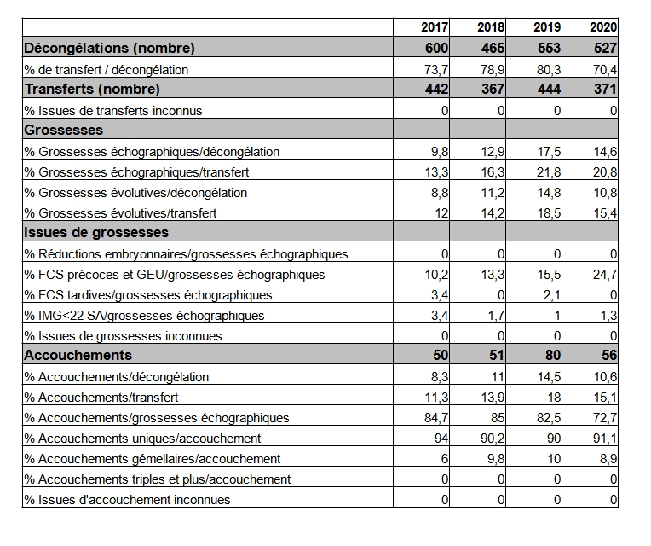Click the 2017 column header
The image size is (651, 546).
coord(435,27)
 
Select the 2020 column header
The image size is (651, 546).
coord(603,27)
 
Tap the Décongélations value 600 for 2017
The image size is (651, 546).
coord(437,48)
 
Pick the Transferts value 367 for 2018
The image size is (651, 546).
coord(493,89)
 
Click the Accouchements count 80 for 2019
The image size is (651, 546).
coord(553,355)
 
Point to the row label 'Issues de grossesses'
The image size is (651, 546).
coord(96,232)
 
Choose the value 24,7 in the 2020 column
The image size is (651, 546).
coord(605,275)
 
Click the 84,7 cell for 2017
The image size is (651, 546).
coord(436,417)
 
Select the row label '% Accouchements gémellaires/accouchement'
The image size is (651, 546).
coord(153,459)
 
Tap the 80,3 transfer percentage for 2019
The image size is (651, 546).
coord(549,70)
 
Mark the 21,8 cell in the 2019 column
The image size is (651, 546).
coord(549,172)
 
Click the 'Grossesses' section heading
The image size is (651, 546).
coord(64,130)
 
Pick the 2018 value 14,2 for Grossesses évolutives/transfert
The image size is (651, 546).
coord(493,213)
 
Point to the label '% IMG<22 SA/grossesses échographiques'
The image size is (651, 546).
coord(144,316)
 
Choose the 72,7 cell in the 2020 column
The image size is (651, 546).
coord(605,417)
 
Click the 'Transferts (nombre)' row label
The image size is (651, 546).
coord(92,90)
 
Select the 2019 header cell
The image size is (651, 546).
coord(547,27)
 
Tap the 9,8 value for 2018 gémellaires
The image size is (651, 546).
coord(496,459)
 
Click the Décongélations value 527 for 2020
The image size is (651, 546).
coord(605,48)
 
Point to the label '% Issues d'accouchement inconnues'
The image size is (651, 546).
coord(127,499)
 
